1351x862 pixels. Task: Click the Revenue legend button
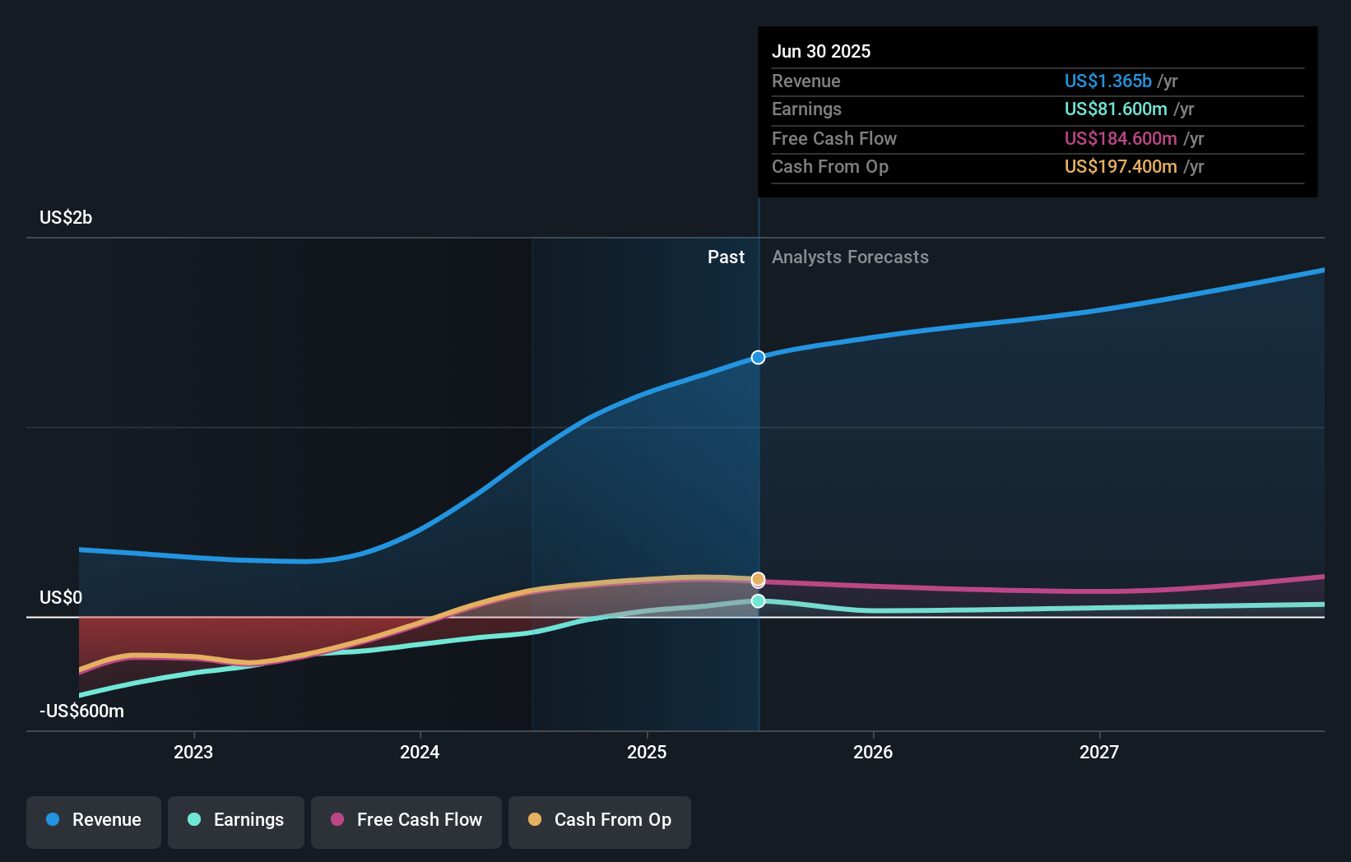[94, 820]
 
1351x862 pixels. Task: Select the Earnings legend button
[236, 820]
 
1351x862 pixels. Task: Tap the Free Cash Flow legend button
[406, 820]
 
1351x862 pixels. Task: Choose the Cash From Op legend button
[600, 820]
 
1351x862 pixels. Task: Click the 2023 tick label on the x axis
[193, 752]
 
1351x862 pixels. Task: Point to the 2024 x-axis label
[420, 752]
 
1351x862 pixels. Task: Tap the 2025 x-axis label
[647, 752]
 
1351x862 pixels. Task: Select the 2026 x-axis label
[873, 752]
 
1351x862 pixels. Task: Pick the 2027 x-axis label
[1099, 752]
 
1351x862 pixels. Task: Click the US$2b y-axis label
[66, 217]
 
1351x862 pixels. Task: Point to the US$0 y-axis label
[61, 597]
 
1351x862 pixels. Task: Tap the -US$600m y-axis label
[82, 711]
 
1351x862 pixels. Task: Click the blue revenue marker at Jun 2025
[759, 357]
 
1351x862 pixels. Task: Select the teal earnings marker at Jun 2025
[759, 601]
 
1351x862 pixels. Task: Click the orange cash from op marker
[759, 579]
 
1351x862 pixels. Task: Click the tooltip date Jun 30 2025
[821, 51]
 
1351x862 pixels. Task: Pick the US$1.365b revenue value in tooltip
[1107, 81]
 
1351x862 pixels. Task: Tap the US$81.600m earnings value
[1116, 109]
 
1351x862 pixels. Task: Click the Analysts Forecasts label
[850, 257]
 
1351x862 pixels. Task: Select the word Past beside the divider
[726, 257]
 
